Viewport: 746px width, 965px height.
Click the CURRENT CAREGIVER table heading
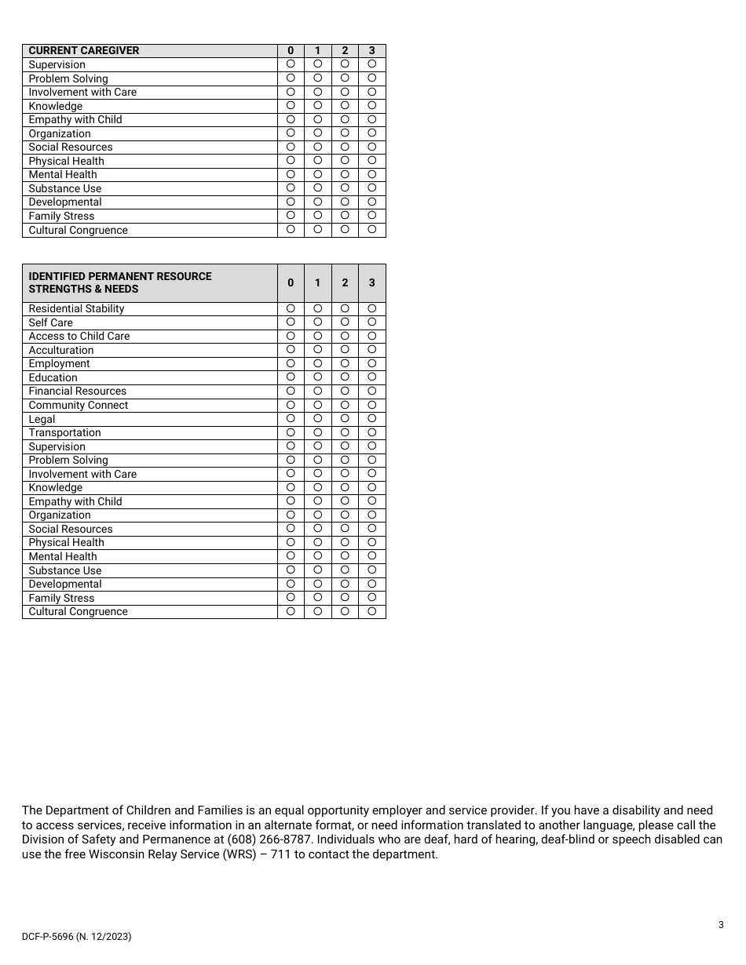click(x=83, y=50)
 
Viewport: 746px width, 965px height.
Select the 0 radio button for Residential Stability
click(x=291, y=308)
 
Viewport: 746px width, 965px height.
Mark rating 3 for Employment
click(x=372, y=363)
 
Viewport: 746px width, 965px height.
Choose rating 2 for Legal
click(x=345, y=419)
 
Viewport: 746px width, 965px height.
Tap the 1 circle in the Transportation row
click(x=318, y=432)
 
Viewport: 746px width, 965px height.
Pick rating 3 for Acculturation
click(x=372, y=350)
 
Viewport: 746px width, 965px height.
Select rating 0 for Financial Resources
click(x=291, y=391)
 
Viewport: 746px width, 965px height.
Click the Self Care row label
click(x=50, y=322)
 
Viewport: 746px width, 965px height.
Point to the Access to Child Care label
click(x=79, y=336)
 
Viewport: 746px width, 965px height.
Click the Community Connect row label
click(x=78, y=405)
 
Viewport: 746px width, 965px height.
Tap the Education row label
click(x=53, y=377)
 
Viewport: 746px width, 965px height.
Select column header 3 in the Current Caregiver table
click(x=372, y=50)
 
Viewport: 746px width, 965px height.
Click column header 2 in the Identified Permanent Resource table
click(x=345, y=282)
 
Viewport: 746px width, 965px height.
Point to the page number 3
click(x=721, y=924)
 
